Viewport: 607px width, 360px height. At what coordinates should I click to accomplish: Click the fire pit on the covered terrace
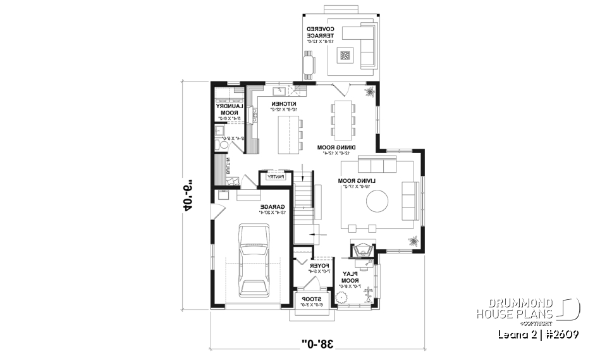[x=345, y=56]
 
